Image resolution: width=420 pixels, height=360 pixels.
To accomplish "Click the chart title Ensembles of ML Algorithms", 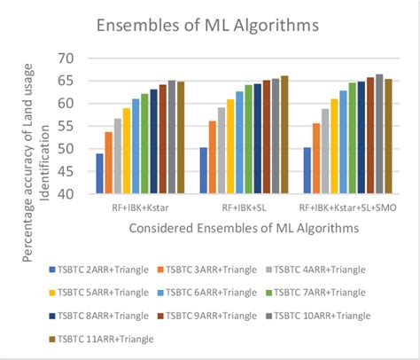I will [x=209, y=24].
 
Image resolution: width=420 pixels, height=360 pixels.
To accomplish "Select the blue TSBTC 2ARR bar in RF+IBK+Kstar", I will [x=100, y=174].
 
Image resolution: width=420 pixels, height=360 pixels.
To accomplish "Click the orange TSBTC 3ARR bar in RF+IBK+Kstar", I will [x=109, y=162].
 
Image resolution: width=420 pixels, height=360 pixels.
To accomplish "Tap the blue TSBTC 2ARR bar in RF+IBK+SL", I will [x=203, y=170].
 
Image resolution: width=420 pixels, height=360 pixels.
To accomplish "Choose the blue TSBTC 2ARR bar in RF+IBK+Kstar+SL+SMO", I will [x=307, y=170].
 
